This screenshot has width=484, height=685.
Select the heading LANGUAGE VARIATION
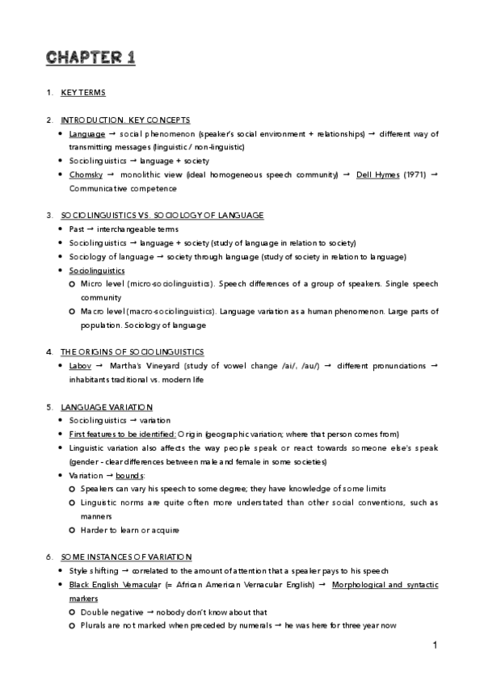107,406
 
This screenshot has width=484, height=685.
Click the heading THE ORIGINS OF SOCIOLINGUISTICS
133,351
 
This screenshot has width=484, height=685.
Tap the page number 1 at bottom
435,645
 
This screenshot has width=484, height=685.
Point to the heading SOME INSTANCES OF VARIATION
126,557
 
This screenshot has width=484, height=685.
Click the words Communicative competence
117,188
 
